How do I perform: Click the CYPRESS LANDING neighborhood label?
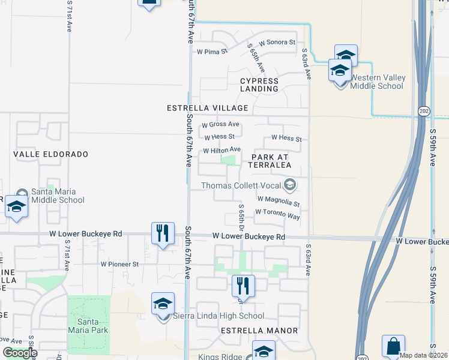pos(259,85)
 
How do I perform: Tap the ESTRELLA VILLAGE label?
pos(208,108)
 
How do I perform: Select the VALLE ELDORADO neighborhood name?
pos(50,154)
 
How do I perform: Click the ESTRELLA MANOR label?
pos(259,331)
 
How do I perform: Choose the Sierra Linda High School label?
pos(218,316)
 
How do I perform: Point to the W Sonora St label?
pos(277,43)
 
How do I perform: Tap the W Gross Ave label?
pos(220,125)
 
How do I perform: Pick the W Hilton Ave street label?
pos(222,149)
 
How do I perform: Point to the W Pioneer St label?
pos(119,264)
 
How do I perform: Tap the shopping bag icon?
pos(393,346)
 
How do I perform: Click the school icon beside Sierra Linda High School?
pos(163,304)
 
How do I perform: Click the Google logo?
pos(20,353)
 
